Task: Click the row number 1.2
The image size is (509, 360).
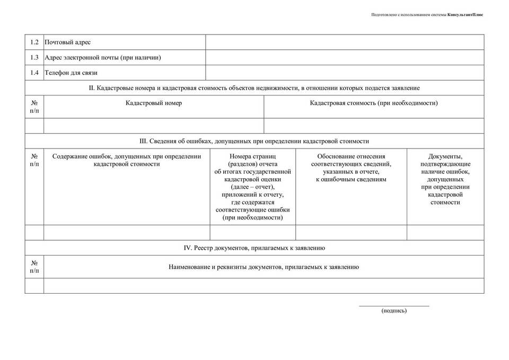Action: point(34,42)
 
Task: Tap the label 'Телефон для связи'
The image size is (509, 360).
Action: point(71,73)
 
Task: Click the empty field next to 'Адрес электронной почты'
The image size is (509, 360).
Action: point(345,57)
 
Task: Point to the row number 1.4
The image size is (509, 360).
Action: point(34,73)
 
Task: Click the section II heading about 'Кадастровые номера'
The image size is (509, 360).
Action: point(254,88)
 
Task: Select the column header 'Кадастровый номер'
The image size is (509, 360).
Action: point(154,103)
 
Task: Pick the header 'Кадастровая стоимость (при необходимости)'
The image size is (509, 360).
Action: point(374,103)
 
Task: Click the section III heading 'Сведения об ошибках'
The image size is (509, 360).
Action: point(254,142)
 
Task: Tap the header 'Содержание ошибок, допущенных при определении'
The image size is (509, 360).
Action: point(127,160)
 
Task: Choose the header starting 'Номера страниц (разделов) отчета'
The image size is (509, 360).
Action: point(253,187)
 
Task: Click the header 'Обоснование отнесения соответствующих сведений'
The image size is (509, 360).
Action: point(351,168)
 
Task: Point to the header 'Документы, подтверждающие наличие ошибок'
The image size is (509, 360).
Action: point(445,179)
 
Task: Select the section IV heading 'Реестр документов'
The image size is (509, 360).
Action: point(254,248)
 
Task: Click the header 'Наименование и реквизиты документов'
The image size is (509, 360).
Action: point(264,267)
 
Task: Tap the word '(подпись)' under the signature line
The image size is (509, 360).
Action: point(394,311)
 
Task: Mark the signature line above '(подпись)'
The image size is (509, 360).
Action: point(394,306)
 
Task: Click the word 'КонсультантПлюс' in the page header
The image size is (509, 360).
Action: point(465,14)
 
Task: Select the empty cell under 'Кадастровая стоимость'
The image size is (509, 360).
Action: point(374,126)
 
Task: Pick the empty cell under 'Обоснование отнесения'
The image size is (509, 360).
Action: point(351,233)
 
